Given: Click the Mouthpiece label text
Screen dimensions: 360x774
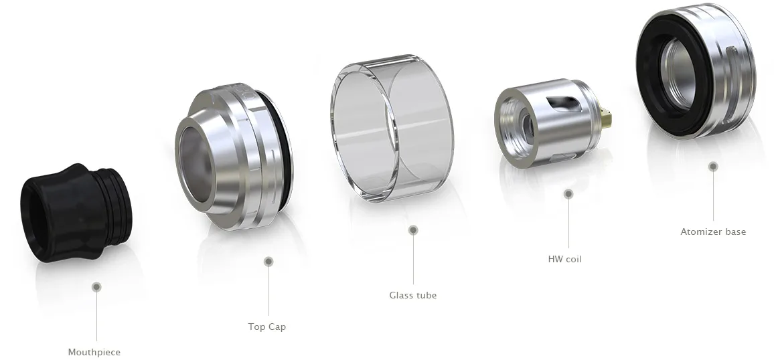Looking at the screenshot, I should click(94, 352).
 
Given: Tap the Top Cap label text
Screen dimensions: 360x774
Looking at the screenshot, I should click(267, 327).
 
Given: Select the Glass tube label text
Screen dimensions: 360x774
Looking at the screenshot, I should click(413, 295).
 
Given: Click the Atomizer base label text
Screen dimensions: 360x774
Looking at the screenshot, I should click(712, 232).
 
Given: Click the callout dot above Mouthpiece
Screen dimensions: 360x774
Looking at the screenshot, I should click(96, 287).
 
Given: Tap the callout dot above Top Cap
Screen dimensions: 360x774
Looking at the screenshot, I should click(268, 261).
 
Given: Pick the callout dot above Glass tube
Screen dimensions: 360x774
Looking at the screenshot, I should click(413, 230).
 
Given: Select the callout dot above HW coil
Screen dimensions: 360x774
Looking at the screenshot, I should click(568, 194).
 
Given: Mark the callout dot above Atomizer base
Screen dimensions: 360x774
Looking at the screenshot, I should click(713, 166).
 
